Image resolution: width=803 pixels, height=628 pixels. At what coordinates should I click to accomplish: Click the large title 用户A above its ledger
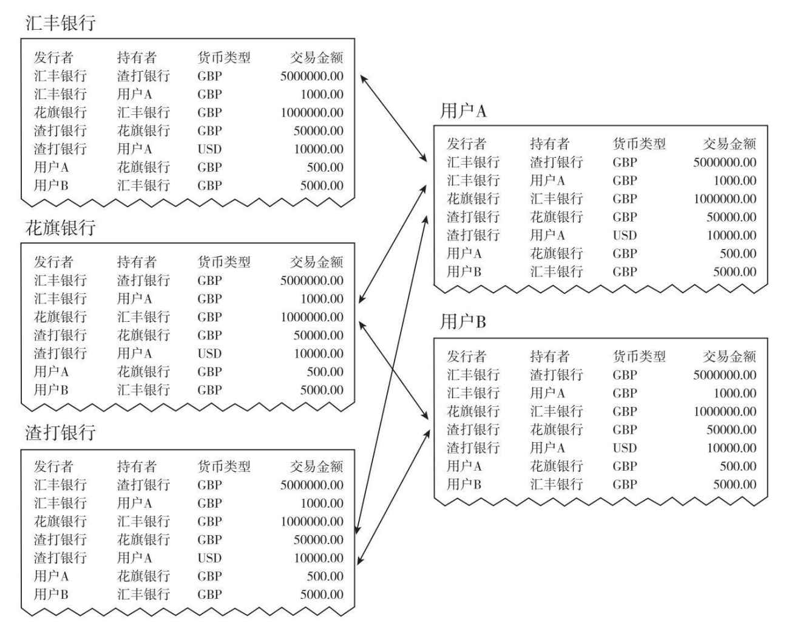point(462,111)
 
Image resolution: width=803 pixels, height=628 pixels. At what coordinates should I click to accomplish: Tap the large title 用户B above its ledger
point(462,321)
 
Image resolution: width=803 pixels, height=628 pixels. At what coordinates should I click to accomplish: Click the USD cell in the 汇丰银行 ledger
point(209,149)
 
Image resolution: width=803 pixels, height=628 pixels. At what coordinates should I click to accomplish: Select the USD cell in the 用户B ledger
point(625,448)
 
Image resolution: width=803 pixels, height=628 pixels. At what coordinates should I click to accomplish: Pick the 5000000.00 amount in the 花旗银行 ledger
point(311,281)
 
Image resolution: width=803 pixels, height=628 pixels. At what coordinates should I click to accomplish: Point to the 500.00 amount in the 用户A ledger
point(737,253)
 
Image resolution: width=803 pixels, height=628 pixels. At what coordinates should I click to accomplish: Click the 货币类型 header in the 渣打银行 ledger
point(224,466)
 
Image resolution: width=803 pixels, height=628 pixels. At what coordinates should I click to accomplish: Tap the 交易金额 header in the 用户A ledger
point(729,144)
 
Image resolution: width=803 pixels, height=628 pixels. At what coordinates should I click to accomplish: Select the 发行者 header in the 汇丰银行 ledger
point(53,57)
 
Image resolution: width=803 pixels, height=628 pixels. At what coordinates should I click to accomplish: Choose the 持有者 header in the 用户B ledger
point(550,357)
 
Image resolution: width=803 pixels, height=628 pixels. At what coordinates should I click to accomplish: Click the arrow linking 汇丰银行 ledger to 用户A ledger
point(393,118)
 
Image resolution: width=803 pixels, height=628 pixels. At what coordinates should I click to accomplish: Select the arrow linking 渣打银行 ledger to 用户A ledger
point(391,375)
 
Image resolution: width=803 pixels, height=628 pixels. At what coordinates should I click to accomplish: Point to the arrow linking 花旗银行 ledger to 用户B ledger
point(393,370)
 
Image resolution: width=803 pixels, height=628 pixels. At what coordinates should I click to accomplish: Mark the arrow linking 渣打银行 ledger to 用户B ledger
point(394,497)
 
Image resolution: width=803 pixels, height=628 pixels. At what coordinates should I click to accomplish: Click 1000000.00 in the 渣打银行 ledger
point(312,521)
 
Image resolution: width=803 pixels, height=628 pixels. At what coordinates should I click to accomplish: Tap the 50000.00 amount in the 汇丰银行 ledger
point(318,131)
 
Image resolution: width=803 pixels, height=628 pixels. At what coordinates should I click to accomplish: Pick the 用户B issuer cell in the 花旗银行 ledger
point(51,390)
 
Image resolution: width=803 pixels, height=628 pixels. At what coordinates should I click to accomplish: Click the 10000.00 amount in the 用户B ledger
point(731,448)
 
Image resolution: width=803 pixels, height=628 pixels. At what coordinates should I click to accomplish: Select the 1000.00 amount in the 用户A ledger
point(734,181)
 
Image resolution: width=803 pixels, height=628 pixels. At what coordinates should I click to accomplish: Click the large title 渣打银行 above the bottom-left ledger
point(61,432)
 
